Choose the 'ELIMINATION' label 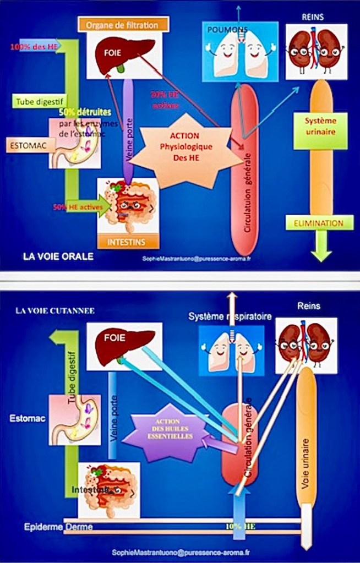(x=319, y=223)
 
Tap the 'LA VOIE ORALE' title (x=58, y=256)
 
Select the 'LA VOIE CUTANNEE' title (x=55, y=310)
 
